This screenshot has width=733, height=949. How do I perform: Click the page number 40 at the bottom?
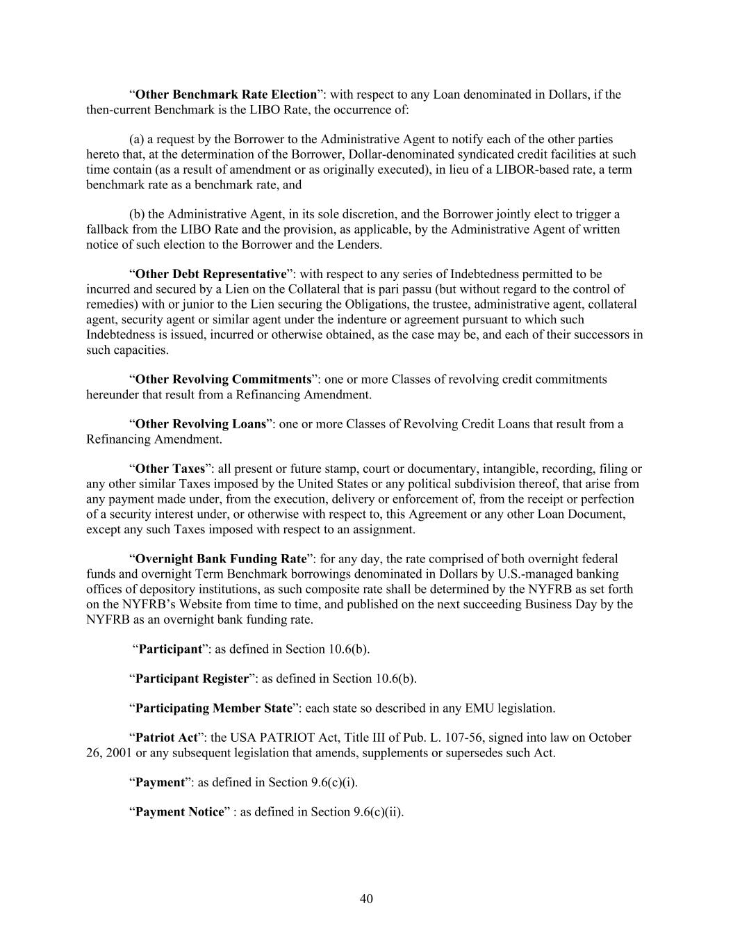pos(366,899)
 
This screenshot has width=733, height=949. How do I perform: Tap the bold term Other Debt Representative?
pos(211,274)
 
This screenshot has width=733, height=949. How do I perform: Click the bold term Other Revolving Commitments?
pos(222,380)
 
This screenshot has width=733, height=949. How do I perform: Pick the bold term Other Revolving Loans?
pos(200,424)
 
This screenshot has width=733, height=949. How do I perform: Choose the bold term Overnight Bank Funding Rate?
pos(220,559)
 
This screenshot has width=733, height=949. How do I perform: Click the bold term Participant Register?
pos(192,679)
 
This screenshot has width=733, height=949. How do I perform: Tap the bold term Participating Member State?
pos(213,708)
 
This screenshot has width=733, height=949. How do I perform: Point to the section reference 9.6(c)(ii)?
pos(378,812)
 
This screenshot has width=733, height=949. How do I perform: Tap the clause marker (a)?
pos(136,140)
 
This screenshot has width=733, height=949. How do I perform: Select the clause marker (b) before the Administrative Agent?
pos(137,214)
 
